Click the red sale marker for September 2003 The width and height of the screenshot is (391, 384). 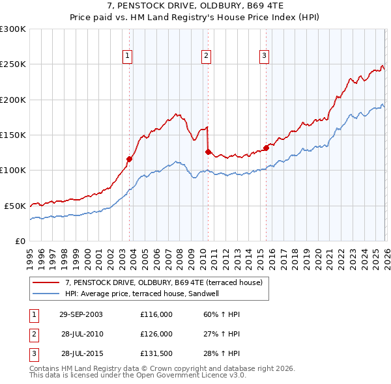(130, 159)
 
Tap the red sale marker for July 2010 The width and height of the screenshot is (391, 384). (208, 152)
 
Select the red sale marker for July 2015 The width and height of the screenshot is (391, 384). (266, 148)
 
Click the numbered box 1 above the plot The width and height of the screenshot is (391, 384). (127, 56)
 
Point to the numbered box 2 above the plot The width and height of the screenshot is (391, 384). (206, 56)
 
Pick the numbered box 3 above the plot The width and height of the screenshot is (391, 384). (264, 56)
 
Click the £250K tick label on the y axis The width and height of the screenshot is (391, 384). (12, 64)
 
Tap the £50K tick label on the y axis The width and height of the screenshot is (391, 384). (14, 206)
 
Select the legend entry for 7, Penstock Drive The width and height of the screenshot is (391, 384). (163, 282)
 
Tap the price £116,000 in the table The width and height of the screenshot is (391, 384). (156, 314)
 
